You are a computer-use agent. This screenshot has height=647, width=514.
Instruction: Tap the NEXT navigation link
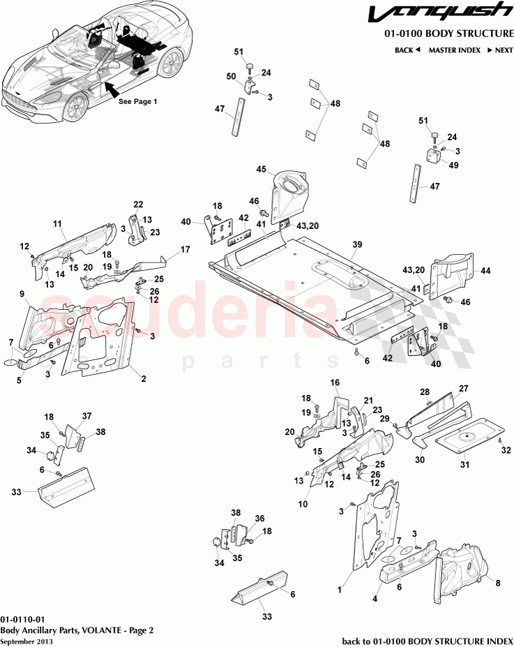click(x=500, y=50)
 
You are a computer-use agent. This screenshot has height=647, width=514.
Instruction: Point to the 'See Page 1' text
click(x=137, y=101)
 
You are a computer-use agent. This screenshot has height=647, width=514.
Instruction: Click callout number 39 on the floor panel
click(x=357, y=245)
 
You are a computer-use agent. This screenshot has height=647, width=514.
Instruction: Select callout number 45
click(x=262, y=169)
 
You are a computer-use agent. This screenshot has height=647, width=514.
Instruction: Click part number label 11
click(x=58, y=224)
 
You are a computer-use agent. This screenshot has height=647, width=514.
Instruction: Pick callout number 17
click(x=186, y=249)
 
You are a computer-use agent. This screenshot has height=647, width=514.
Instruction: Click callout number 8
click(x=497, y=581)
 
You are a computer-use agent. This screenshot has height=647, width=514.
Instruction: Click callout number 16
click(x=335, y=382)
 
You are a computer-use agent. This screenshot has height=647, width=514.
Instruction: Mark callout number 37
click(x=87, y=416)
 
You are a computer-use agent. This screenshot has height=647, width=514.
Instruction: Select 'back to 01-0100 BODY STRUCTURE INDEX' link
click(x=426, y=640)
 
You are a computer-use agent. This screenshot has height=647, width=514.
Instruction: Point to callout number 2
click(x=144, y=378)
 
